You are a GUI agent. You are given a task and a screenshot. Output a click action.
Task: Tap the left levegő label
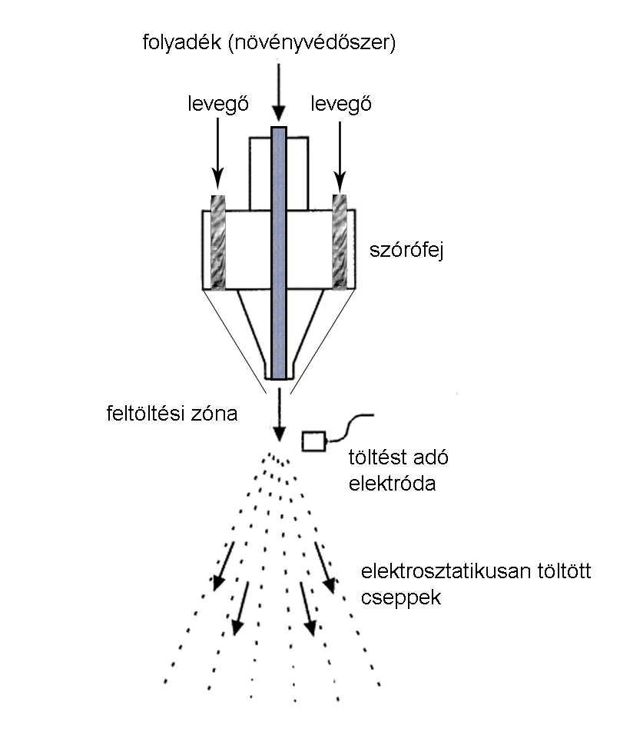pos(218,104)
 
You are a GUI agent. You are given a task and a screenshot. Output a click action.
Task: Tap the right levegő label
pos(340,104)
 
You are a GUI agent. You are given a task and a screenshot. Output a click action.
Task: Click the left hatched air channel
pos(217,242)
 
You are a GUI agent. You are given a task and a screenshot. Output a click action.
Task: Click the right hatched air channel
pos(340,242)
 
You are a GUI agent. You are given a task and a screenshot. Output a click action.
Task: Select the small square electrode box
pos(313,441)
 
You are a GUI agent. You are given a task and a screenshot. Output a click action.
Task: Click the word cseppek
pos(401,597)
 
